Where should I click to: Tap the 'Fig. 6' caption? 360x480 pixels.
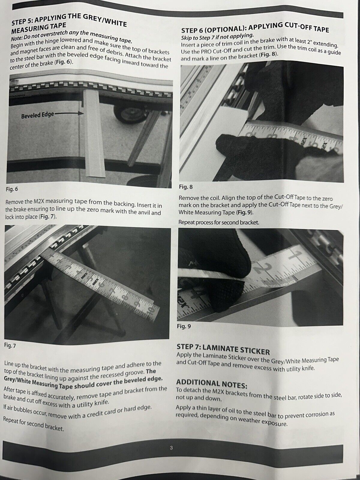12,189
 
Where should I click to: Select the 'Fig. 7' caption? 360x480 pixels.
10,346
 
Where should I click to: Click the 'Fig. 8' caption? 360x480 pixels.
186,187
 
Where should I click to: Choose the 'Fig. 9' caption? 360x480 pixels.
184,326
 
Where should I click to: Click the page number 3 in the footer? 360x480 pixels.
171,448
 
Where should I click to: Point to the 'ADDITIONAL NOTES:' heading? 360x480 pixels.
212,384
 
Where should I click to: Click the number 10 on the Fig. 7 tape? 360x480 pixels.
150,311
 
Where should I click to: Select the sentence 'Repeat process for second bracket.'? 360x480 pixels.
219,223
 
